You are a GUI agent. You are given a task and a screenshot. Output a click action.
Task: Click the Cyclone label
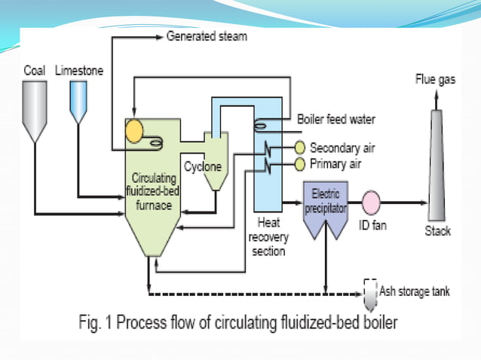click(202, 167)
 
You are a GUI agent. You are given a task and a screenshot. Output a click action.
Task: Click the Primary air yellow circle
click(300, 164)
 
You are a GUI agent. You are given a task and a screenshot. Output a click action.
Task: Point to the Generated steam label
click(206, 36)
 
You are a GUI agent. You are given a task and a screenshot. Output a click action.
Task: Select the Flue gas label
click(435, 79)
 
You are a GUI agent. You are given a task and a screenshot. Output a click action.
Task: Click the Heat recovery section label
click(268, 237)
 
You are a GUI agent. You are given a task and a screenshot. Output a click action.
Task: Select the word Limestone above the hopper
click(79, 71)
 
